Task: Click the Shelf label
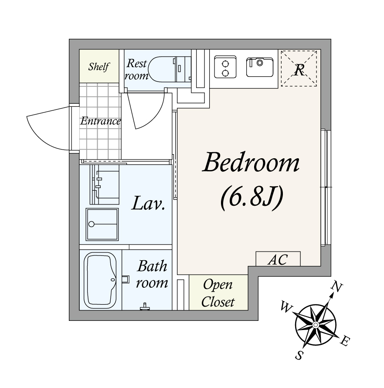tap(99, 67)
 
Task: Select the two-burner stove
tap(225, 67)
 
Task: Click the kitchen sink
tap(260, 67)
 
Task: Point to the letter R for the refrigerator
tap(299, 70)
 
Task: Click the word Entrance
tap(100, 121)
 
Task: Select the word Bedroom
tap(251, 162)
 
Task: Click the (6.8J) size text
tap(251, 198)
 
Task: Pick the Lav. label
tap(148, 203)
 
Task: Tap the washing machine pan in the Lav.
tap(102, 225)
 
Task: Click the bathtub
tap(100, 280)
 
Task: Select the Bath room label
tap(152, 274)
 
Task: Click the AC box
tap(278, 259)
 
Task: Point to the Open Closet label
tap(218, 293)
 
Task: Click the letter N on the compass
tap(337, 287)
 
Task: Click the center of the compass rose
tap(316, 325)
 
